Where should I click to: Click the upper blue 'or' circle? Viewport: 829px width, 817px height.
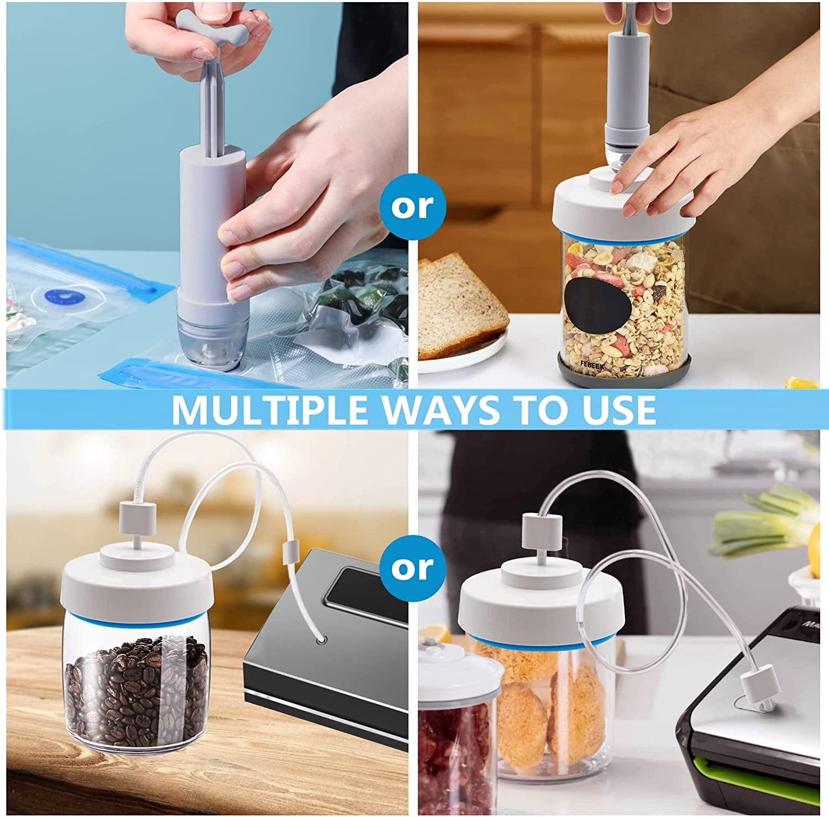[x=413, y=207]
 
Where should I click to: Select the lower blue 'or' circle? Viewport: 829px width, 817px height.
[x=413, y=568]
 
